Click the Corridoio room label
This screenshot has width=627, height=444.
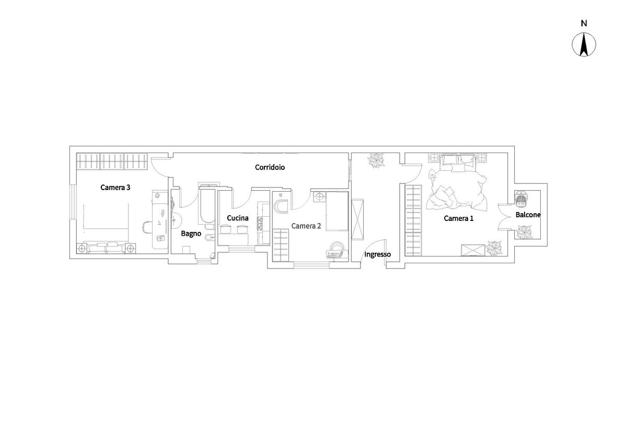[x=270, y=168]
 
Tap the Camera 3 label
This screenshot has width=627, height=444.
[x=115, y=187]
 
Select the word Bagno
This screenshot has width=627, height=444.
[x=191, y=233]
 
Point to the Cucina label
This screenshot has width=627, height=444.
[x=238, y=218]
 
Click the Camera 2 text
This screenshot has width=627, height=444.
[x=306, y=226]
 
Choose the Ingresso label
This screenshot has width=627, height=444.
[x=377, y=254]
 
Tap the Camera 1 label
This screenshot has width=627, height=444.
[x=459, y=218]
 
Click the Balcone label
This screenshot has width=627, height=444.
[x=528, y=215]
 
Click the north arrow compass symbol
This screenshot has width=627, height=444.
[x=584, y=44]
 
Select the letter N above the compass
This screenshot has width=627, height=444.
[x=584, y=23]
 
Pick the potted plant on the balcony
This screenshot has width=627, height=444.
[x=523, y=231]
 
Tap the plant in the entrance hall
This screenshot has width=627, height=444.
[x=376, y=160]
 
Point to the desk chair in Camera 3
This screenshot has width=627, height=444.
[x=147, y=228]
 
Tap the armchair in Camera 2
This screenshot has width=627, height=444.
[x=282, y=204]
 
